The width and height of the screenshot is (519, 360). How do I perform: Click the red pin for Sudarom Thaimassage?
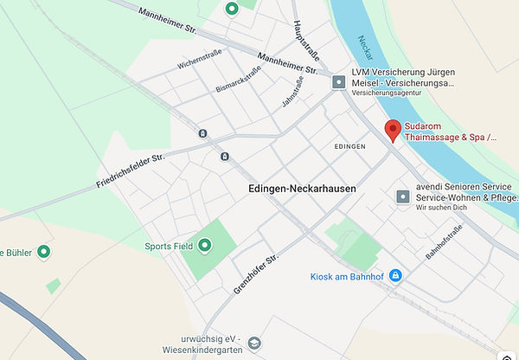tap(393, 129)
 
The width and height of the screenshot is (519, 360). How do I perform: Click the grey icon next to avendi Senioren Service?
tap(402, 197)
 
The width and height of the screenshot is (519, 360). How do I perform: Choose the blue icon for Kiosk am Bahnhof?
tap(395, 275)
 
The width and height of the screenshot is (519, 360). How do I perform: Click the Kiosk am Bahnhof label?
tap(347, 276)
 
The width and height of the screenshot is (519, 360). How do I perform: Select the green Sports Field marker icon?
tap(205, 246)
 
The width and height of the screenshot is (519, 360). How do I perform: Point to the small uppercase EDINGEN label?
tap(349, 147)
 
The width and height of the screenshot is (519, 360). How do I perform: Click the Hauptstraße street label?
tap(308, 37)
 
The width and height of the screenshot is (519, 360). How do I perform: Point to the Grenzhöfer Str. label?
tap(256, 274)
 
